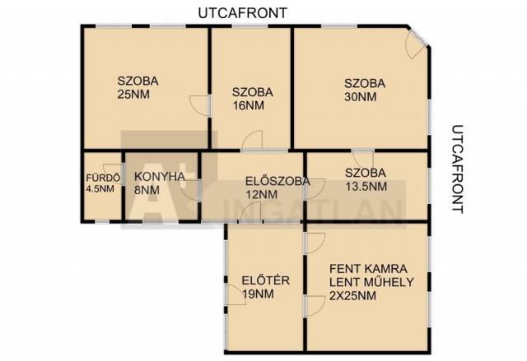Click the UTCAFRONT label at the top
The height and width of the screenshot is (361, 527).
click(242, 13)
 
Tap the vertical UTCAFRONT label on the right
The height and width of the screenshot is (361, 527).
click(457, 169)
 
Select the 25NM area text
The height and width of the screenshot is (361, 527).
click(133, 95)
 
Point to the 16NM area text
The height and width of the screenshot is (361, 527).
click(249, 106)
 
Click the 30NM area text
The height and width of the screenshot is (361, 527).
click(361, 97)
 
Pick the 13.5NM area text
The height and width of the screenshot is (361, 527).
click(366, 186)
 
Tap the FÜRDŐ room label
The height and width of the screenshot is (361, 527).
click(103, 178)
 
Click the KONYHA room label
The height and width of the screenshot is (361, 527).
click(160, 177)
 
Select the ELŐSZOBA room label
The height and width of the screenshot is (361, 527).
click(277, 181)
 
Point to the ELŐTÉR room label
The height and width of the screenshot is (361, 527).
click(265, 280)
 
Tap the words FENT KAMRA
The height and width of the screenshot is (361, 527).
click(368, 269)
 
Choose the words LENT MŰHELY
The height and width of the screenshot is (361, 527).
click(371, 282)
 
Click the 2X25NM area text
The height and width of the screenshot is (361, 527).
click(352, 296)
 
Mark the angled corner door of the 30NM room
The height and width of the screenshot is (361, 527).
click(417, 43)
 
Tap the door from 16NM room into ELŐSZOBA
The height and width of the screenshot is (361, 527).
click(252, 141)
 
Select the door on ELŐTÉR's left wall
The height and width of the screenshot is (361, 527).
click(236, 294)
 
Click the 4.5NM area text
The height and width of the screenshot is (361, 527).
click(100, 189)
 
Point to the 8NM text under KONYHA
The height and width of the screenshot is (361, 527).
click(147, 190)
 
